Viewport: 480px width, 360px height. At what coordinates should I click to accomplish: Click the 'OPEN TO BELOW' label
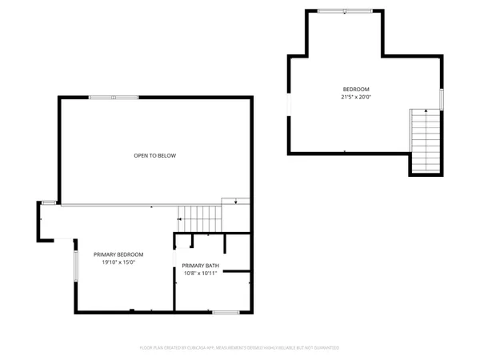point(154,155)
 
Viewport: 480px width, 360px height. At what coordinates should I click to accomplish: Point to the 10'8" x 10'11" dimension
point(199,274)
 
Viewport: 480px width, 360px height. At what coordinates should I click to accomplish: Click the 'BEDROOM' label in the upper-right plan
point(356,89)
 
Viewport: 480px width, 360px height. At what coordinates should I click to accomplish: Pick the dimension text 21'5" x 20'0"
point(356,97)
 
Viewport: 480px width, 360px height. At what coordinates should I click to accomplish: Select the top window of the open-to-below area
point(114,98)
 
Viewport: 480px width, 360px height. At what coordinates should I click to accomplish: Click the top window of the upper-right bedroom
point(344,11)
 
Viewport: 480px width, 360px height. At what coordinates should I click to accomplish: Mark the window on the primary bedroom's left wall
point(76,266)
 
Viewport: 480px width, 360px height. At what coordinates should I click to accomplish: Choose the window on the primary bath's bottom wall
point(226,311)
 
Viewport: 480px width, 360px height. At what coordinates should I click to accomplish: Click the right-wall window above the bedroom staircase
point(441,98)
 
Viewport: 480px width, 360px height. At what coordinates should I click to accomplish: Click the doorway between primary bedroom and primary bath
point(174,261)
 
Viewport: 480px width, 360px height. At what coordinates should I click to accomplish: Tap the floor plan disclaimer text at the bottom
point(240,348)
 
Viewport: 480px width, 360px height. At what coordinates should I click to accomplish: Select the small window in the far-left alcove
point(49,202)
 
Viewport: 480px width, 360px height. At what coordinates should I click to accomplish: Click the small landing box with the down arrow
point(235,202)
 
